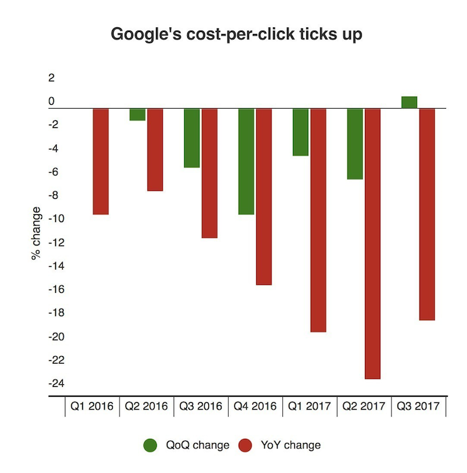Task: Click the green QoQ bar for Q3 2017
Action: (x=409, y=102)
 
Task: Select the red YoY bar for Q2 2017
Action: (x=372, y=244)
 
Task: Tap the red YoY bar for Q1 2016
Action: (x=101, y=161)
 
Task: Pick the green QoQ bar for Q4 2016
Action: (x=246, y=161)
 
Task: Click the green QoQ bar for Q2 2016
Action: (x=137, y=114)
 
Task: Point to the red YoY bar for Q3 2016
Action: (x=209, y=173)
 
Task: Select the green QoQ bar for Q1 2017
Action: (x=300, y=132)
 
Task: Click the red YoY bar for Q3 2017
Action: (x=427, y=214)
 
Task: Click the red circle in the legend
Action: (x=246, y=445)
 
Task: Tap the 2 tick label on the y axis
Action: (x=51, y=78)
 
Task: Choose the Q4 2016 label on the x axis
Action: (x=255, y=406)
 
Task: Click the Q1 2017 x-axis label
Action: (x=309, y=406)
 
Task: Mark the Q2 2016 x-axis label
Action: (x=146, y=406)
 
